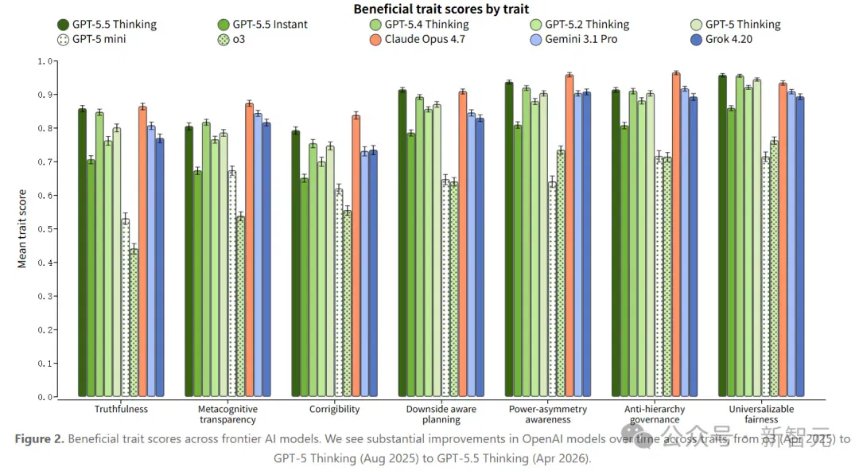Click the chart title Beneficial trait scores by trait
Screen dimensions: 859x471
click(x=441, y=9)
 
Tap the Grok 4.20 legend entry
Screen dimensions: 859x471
click(x=721, y=40)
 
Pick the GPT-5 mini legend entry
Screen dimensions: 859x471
click(x=91, y=40)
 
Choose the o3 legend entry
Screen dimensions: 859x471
click(x=231, y=40)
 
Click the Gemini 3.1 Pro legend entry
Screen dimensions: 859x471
click(x=574, y=40)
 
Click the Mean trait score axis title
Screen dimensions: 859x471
click(x=22, y=228)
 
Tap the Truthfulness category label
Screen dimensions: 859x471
click(x=121, y=409)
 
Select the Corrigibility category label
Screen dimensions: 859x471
click(x=334, y=409)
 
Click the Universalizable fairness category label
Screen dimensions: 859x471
click(x=761, y=414)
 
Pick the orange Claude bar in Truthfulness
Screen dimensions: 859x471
click(x=142, y=251)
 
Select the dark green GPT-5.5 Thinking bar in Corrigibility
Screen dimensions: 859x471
click(x=296, y=263)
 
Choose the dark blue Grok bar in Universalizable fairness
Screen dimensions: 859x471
click(x=800, y=247)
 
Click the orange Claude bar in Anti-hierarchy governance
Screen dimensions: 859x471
click(x=676, y=235)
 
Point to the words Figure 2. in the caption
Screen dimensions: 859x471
click(x=40, y=439)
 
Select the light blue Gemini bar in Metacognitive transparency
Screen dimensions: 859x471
click(x=258, y=255)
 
